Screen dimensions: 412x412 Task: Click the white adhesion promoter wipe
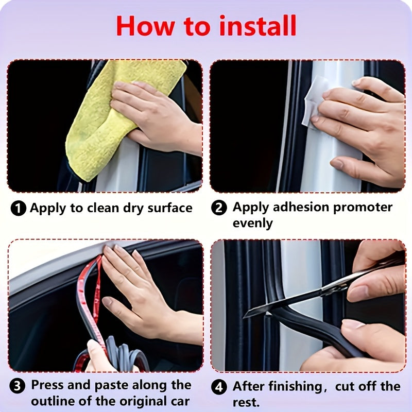pos(315,100)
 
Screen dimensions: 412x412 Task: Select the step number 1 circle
pos(19,209)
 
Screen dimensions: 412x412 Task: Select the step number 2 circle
pos(220,209)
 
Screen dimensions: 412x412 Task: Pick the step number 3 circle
pos(19,386)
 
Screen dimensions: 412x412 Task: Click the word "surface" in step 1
pos(168,208)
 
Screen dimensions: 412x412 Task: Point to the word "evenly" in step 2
pos(252,223)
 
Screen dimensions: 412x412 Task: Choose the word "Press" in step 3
pos(48,385)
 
